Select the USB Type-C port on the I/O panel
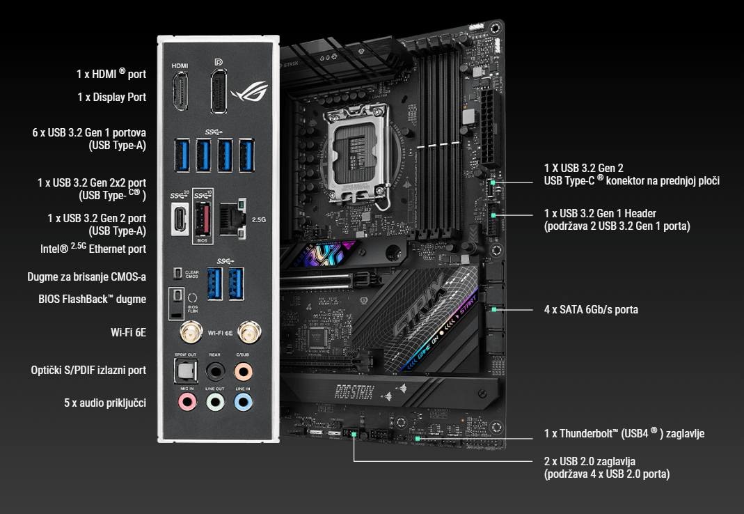[x=180, y=218]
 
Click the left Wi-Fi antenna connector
[x=188, y=334]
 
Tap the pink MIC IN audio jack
[x=186, y=402]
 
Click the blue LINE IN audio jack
[x=243, y=402]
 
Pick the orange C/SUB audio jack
[x=243, y=371]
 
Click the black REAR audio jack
[x=215, y=371]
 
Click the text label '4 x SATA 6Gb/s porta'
[x=591, y=309]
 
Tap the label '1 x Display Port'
[x=111, y=98]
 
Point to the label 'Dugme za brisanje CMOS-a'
[x=86, y=277]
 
